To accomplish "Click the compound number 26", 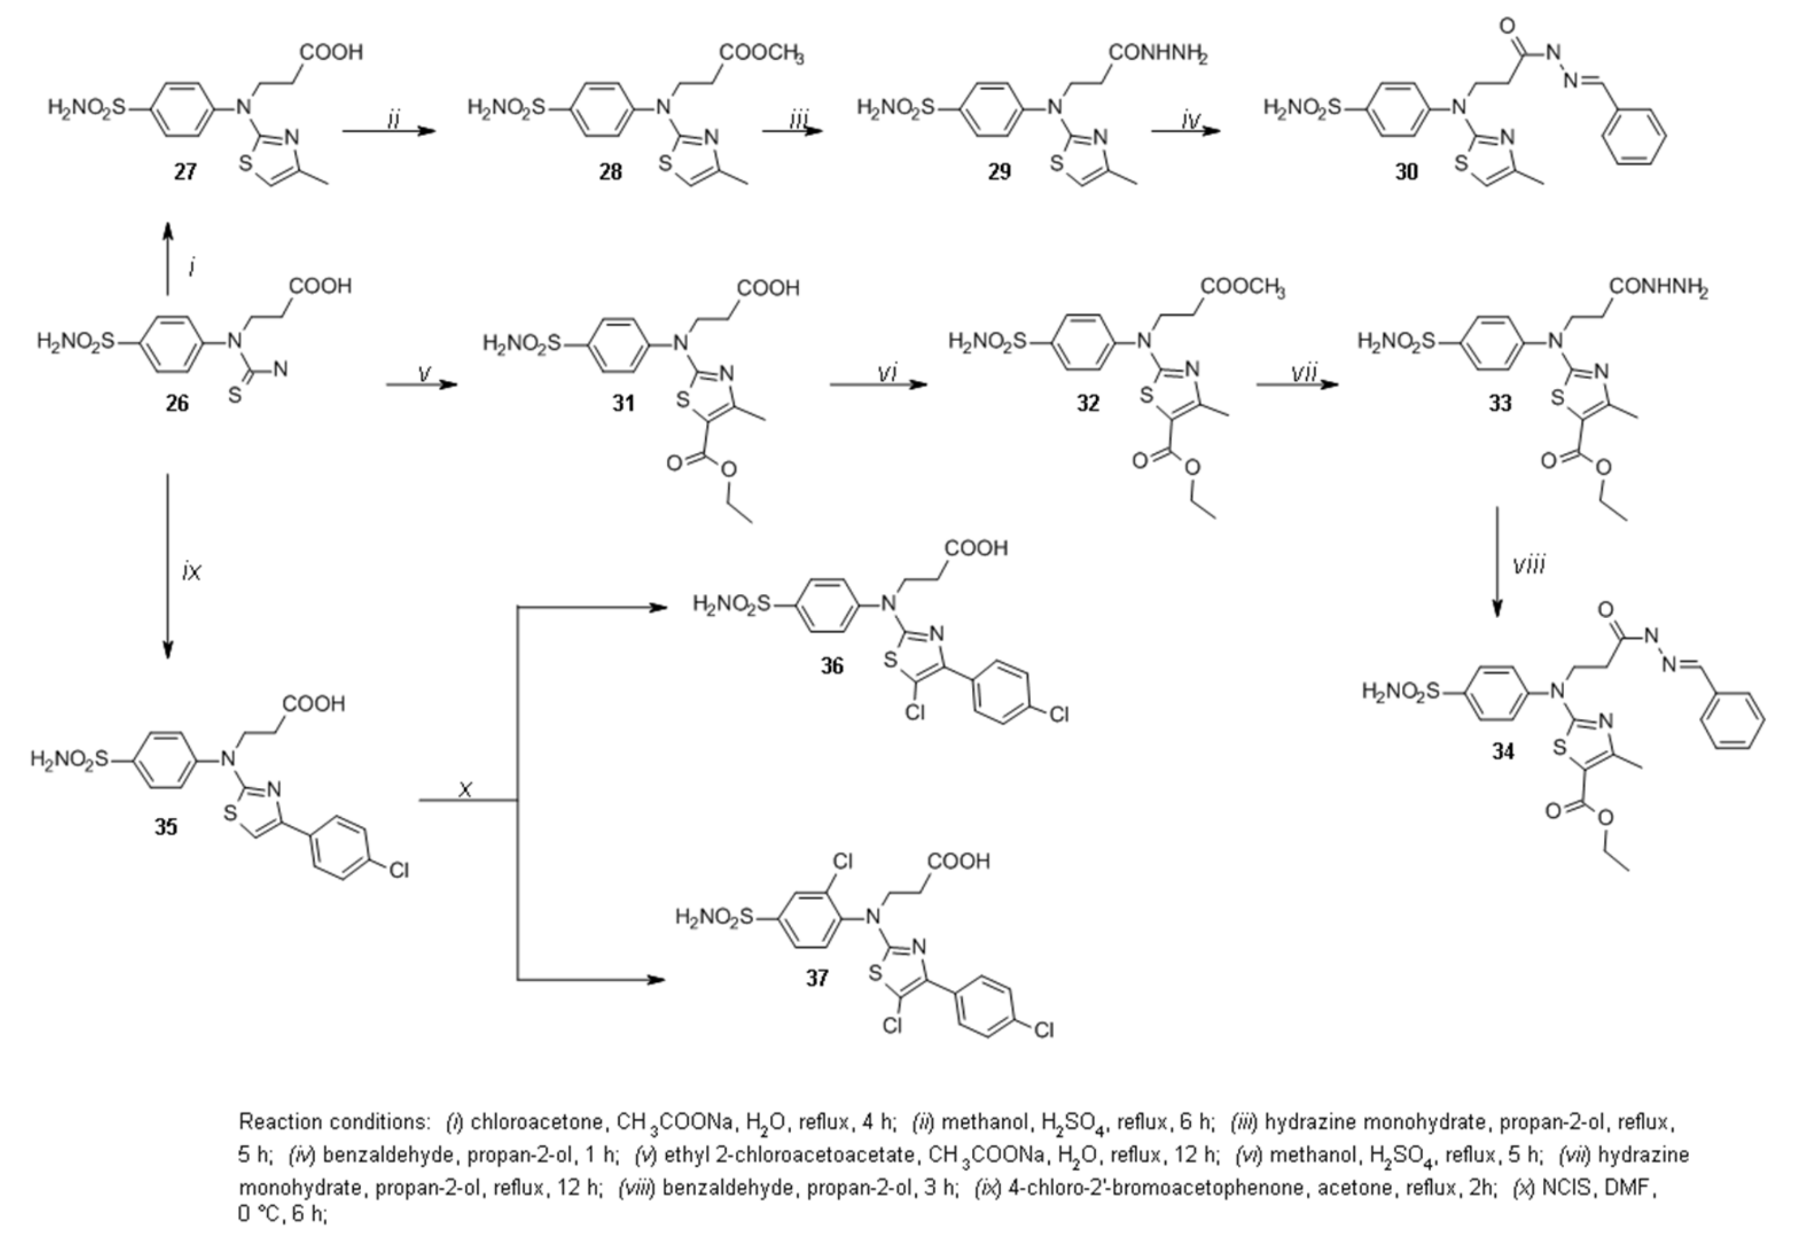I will click(177, 403).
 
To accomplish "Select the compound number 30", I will click(1406, 171).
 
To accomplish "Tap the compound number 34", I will click(1503, 751).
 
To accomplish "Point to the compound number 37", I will click(816, 978).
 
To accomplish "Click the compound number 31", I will click(623, 403).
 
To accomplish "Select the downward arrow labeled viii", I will click(1496, 561).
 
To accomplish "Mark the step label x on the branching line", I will click(465, 790).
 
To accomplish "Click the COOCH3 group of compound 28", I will click(761, 53).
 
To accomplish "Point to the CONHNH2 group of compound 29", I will click(1157, 53).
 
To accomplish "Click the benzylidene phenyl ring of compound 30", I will click(1634, 137).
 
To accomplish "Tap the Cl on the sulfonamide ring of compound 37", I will click(843, 861).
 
